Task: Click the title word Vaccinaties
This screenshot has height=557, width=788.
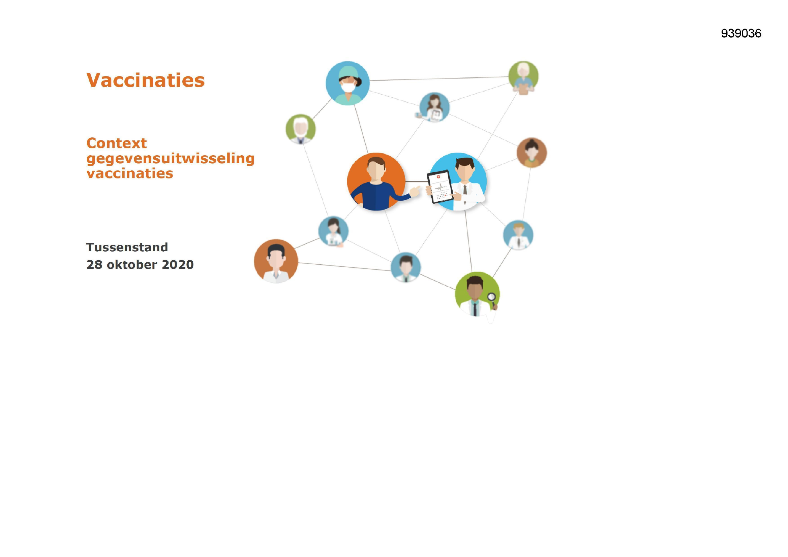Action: click(146, 80)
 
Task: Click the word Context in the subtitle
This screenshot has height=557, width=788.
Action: click(116, 143)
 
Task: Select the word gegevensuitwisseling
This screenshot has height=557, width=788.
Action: click(171, 159)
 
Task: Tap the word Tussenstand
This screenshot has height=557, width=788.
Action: click(127, 247)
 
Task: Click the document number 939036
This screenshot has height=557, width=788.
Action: click(741, 33)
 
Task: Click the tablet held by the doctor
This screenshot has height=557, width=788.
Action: click(440, 187)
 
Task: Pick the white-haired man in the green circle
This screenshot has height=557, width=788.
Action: click(301, 129)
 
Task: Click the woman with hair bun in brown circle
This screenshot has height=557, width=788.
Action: click(532, 153)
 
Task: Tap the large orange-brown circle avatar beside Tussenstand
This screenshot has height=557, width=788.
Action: click(276, 261)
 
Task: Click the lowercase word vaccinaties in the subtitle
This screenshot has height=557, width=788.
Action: click(130, 173)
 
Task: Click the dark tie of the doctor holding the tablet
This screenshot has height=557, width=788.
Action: click(465, 190)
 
